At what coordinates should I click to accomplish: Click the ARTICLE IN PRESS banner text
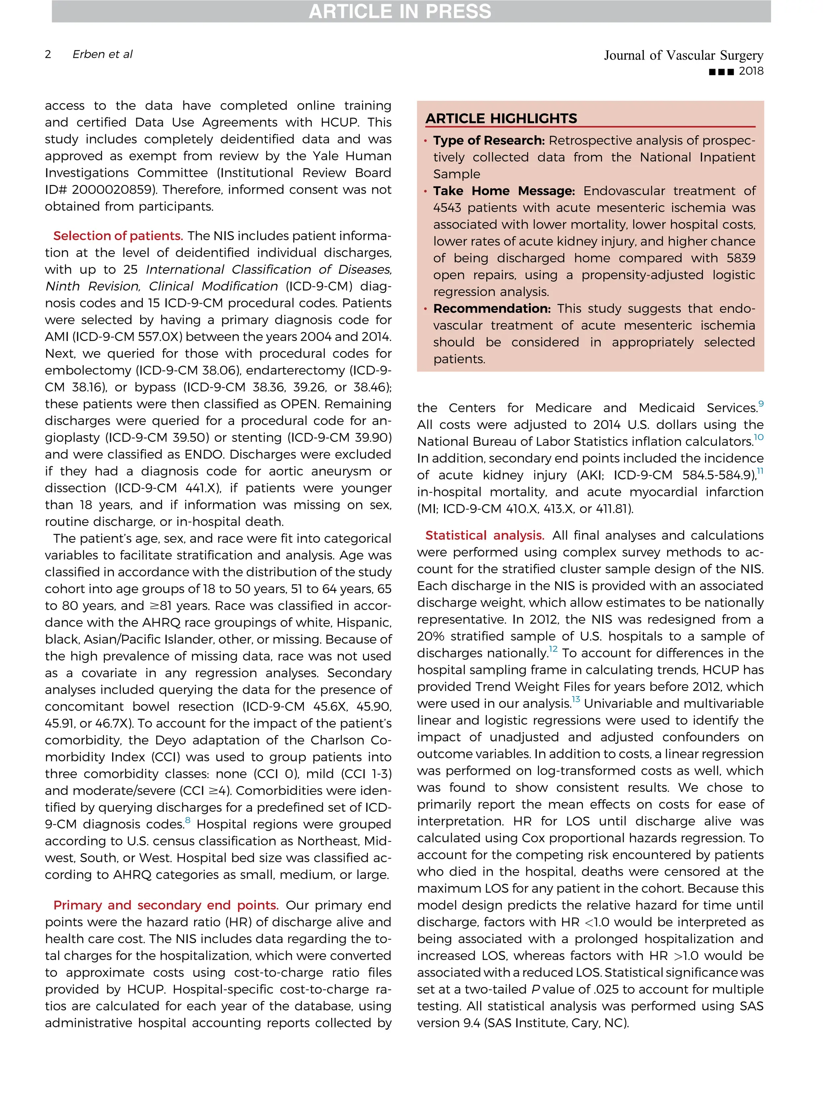point(400,12)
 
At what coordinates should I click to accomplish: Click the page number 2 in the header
point(48,54)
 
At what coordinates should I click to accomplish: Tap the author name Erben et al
point(102,54)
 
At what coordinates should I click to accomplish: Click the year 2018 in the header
point(751,71)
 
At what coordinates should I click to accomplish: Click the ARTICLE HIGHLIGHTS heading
point(501,118)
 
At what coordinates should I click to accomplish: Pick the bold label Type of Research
point(488,141)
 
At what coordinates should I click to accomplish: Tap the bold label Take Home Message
point(504,191)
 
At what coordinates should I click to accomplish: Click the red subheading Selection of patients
point(118,236)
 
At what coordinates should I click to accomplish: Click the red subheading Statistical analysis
point(484,535)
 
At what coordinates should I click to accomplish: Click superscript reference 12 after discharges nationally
point(553,650)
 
